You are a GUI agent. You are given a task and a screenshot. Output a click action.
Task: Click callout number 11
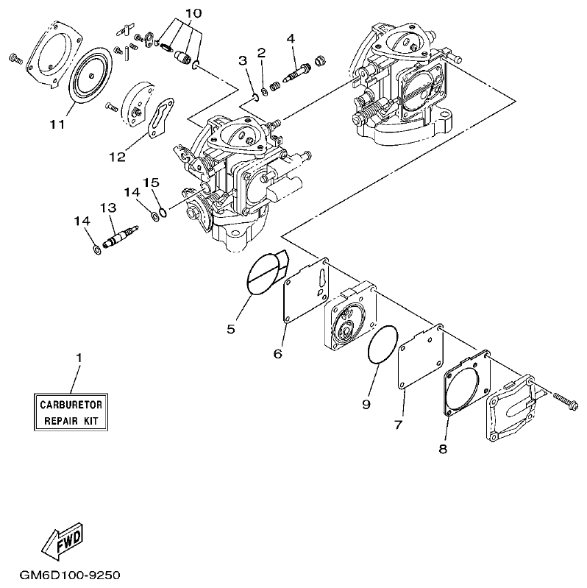(57, 124)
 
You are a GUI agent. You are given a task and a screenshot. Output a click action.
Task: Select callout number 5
(230, 329)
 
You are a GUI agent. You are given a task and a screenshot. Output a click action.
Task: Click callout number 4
(291, 38)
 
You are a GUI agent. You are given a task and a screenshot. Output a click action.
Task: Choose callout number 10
(192, 13)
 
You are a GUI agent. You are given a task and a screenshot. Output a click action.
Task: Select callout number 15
(151, 182)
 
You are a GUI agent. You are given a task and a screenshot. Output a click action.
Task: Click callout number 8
(442, 447)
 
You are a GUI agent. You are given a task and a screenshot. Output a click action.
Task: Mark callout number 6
(278, 354)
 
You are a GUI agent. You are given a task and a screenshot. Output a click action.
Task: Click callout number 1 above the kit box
(79, 358)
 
